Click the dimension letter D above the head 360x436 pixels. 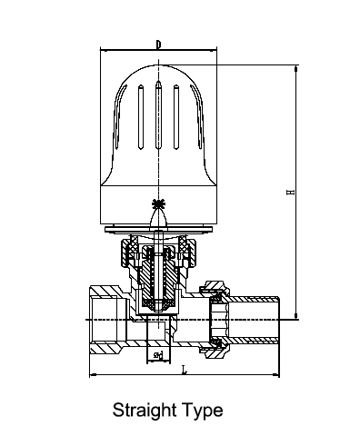click(158, 45)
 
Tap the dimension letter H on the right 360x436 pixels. click(290, 192)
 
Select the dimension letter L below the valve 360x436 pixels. click(184, 370)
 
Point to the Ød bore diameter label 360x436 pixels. click(158, 354)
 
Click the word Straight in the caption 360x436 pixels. click(145, 411)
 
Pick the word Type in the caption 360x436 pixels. click(203, 411)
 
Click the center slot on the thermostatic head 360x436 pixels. click(158, 114)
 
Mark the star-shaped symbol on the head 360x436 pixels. click(158, 204)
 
